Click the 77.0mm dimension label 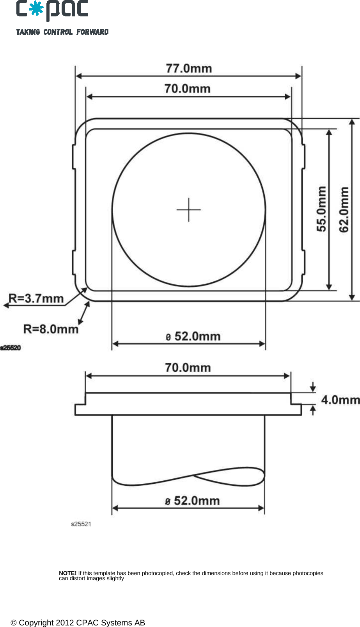coord(189,69)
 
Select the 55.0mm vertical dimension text coord(321,209)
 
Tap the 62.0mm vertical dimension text coord(344,210)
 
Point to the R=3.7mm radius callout coord(36,299)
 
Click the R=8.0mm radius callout coord(51,329)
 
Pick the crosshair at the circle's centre coord(189,210)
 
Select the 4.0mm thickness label coord(340,400)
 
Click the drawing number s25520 coord(11,348)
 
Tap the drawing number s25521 coord(81,524)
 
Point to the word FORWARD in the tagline coord(92,32)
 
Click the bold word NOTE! coord(67,573)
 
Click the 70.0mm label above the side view coord(188,368)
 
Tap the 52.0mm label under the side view coord(193,501)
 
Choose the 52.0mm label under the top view coord(193,337)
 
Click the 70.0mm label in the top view coord(187,89)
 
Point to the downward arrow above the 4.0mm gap coord(313,387)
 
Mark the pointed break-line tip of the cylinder coord(194,476)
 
